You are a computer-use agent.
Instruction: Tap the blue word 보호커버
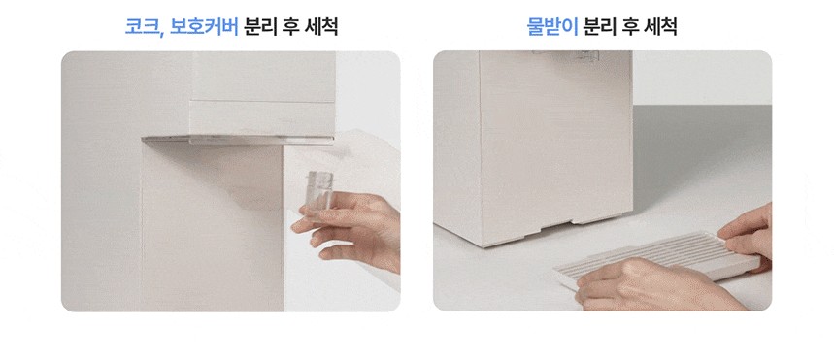point(204,26)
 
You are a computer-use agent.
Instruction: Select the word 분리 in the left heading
point(260,26)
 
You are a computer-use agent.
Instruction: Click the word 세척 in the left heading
point(321,26)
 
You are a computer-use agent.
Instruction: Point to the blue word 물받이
point(552,26)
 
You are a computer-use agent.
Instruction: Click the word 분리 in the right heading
point(599,26)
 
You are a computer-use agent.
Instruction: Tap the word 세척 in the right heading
point(660,26)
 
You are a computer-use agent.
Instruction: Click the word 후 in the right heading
point(630,26)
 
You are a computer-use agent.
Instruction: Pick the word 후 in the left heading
point(291,26)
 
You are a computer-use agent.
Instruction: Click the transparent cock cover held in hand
point(319,194)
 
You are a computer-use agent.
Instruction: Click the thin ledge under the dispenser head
point(238,140)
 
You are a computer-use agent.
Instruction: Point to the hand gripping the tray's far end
point(748,234)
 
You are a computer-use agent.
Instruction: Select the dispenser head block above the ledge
point(263,93)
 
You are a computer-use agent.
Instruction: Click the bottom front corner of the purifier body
point(482,245)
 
